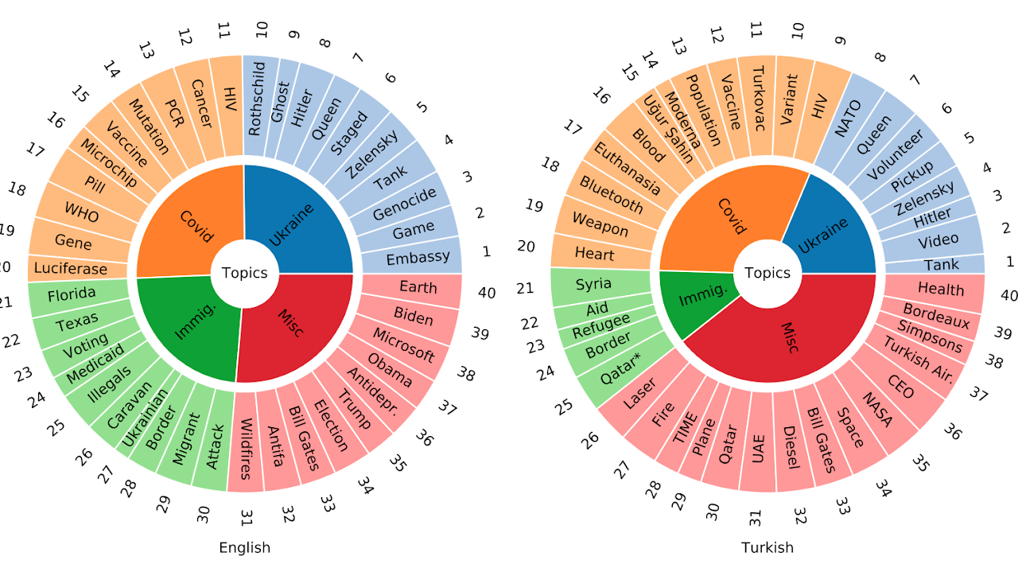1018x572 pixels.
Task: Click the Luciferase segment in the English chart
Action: click(72, 269)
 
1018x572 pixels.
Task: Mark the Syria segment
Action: click(593, 284)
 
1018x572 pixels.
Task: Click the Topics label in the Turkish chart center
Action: click(767, 274)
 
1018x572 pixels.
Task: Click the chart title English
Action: click(244, 547)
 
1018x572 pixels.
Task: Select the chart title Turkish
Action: click(767, 547)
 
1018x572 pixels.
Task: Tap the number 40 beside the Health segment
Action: click(1008, 295)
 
